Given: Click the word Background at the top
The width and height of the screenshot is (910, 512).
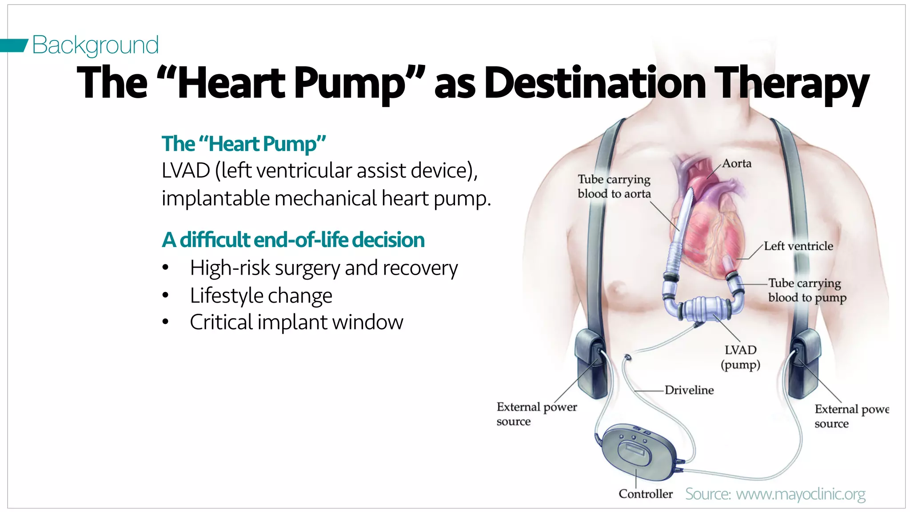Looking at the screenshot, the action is click(95, 45).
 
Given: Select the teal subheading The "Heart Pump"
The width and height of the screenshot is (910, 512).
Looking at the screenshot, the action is click(243, 144).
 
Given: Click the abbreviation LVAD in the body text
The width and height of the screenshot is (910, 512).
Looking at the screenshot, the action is click(186, 171).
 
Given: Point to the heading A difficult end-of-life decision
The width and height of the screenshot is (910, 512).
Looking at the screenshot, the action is click(293, 240).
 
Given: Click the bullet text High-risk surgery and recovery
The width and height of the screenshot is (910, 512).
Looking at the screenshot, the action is click(323, 268).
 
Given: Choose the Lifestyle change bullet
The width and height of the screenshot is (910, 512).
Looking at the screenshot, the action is click(261, 296).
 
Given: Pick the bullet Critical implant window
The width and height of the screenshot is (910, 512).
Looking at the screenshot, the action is click(296, 322).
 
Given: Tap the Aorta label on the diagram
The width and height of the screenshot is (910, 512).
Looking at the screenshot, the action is click(737, 164).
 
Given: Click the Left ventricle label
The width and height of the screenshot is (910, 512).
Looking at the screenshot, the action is click(798, 246).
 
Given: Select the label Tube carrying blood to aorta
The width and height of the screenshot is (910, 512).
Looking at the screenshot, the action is click(614, 187).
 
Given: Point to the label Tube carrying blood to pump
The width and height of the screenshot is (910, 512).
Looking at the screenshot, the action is click(807, 290).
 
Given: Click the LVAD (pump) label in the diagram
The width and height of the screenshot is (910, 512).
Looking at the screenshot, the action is click(740, 357).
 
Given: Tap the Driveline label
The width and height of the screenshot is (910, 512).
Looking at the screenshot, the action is click(689, 390).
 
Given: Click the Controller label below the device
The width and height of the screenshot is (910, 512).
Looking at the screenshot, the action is click(646, 494).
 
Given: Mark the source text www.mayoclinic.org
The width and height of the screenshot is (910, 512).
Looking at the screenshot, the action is click(800, 494).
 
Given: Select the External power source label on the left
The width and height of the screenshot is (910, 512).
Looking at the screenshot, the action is click(536, 414).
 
